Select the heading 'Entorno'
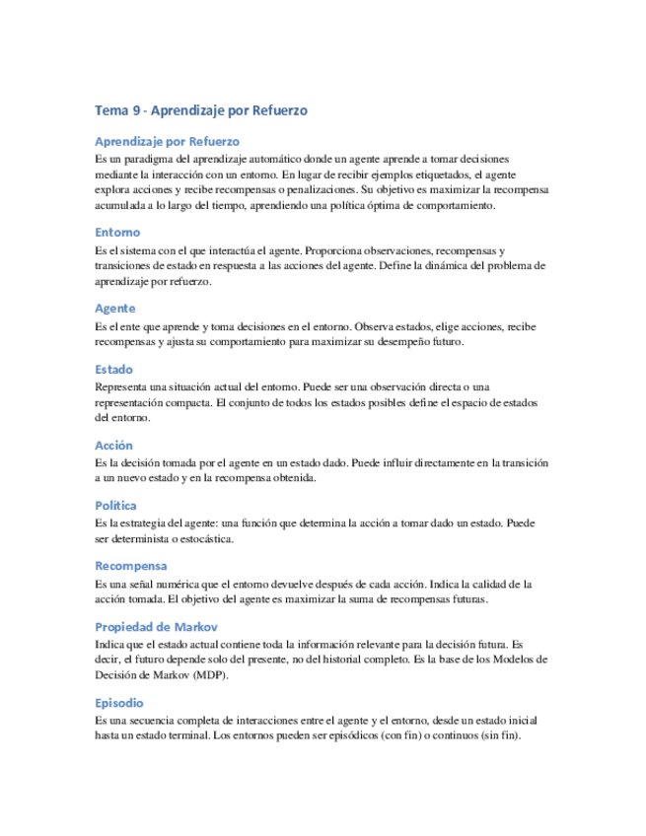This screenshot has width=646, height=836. [117, 233]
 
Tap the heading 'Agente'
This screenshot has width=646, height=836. [115, 309]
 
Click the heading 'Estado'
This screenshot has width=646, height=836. [114, 369]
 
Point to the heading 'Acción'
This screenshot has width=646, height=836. [114, 445]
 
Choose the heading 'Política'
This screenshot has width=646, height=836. [116, 505]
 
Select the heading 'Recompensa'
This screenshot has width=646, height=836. [131, 566]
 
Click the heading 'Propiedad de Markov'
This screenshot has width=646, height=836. [156, 627]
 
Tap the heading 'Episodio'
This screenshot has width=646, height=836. [119, 703]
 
